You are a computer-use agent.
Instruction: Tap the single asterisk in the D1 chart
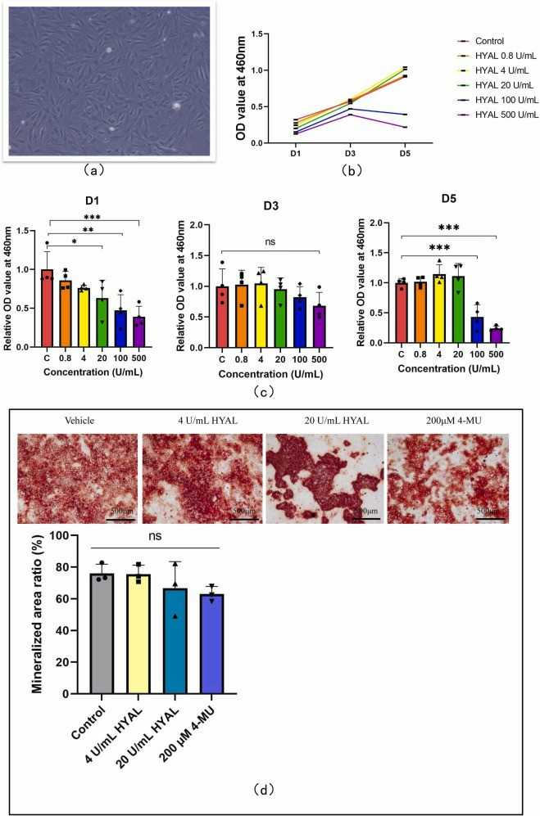click(x=74, y=241)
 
